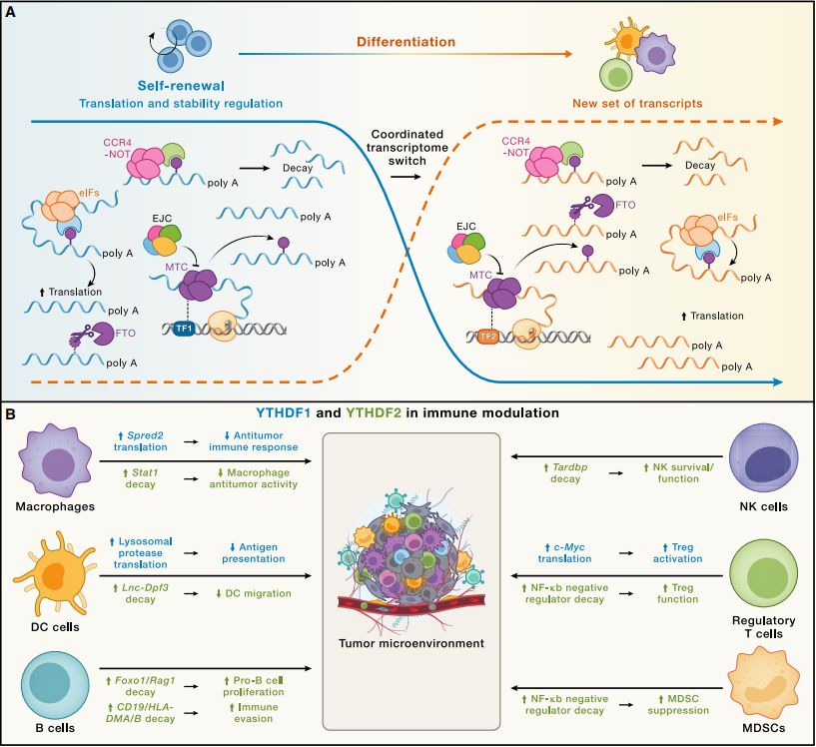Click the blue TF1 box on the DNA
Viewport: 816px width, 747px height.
[184, 329]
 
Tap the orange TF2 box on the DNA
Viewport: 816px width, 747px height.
[488, 337]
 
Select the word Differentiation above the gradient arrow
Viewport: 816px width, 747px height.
[406, 42]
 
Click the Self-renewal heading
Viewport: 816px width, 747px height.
[181, 86]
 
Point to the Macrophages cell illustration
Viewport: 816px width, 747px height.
[55, 460]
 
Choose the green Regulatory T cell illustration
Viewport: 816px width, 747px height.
[763, 577]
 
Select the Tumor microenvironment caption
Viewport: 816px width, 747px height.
[411, 643]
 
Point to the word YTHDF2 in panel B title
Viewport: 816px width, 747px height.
[374, 413]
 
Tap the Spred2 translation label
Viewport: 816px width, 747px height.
[141, 441]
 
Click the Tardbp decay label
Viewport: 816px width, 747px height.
[565, 472]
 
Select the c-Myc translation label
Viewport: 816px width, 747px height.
[564, 553]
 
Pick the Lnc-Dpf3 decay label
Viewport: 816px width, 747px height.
[141, 593]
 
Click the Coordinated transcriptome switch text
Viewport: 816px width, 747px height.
[407, 147]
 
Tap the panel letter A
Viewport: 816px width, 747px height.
[10, 12]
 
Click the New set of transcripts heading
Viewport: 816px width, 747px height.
[637, 104]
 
